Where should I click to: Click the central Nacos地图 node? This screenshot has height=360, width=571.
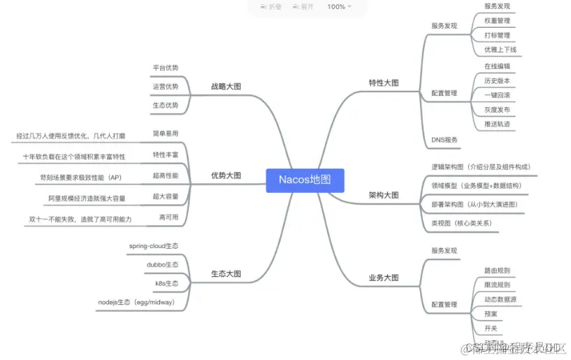pos(305,180)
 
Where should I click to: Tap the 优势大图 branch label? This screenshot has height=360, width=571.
pos(226,175)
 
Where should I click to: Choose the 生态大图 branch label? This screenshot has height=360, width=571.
pos(226,273)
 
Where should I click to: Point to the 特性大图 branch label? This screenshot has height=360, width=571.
pos(384,82)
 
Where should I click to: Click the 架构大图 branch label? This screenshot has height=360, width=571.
pos(384,195)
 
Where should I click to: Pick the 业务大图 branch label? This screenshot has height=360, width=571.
pos(384,278)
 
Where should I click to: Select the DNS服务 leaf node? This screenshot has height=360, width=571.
pos(444,140)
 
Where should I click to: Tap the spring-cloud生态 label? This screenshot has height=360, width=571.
pos(154,246)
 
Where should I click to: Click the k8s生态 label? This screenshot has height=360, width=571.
pos(166,284)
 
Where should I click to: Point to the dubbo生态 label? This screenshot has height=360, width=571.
pos(162,265)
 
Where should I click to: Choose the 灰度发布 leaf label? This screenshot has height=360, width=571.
pos(497,110)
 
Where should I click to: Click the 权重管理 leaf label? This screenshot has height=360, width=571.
pos(497,21)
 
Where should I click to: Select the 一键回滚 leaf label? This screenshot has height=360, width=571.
pos(497,95)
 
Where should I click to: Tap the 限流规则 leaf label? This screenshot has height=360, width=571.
pos(497,285)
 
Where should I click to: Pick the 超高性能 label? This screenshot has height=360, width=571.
pos(165,175)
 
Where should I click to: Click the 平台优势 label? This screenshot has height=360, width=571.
pos(165,69)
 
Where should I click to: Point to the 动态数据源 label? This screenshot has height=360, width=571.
pos(500,299)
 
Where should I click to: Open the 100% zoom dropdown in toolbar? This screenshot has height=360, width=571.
pos(340,6)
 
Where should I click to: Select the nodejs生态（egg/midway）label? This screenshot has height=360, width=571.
pos(136,303)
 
